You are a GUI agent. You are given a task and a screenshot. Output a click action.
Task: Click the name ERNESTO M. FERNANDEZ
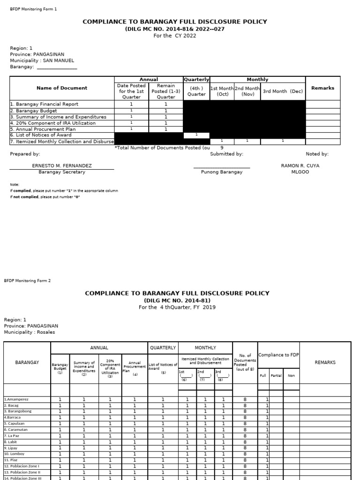(x=61, y=166)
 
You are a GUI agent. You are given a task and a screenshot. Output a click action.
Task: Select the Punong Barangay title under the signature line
(x=222, y=172)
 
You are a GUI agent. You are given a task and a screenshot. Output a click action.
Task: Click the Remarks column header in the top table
(x=322, y=88)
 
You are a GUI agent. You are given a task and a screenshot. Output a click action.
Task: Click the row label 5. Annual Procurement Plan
(x=43, y=129)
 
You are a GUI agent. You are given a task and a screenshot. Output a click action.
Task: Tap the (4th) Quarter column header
(x=196, y=91)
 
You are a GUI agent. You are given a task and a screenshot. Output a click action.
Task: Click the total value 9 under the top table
(x=222, y=148)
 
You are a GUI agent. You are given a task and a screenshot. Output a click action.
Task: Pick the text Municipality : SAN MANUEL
(x=42, y=60)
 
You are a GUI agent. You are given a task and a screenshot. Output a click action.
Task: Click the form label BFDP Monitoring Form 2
(x=27, y=281)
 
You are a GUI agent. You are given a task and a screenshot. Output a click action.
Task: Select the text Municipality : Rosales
(x=30, y=332)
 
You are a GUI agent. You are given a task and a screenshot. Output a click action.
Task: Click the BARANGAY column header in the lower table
(x=27, y=362)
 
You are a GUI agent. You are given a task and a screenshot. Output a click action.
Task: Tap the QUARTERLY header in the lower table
(x=163, y=348)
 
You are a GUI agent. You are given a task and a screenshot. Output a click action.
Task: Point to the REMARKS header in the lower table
(x=325, y=362)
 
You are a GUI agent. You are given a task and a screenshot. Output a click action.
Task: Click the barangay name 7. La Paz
(x=13, y=435)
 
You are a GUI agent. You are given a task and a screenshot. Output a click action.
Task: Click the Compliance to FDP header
(x=278, y=355)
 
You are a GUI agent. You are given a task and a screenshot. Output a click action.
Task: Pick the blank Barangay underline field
(x=56, y=67)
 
